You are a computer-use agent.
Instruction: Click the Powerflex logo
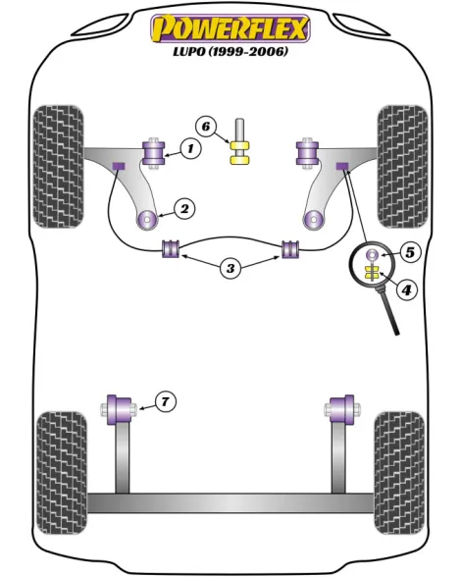[x=230, y=28]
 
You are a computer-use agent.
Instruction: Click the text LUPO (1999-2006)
[x=230, y=51]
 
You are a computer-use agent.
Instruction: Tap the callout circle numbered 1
[x=190, y=149]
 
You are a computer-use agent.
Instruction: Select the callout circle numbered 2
[x=184, y=209]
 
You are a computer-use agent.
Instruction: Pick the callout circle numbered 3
[x=230, y=268]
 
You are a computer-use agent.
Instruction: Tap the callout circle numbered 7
[x=165, y=401]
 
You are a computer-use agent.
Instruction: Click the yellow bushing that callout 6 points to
[x=240, y=152]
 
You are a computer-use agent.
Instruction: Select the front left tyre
[x=58, y=167]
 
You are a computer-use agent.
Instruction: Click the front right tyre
[x=403, y=167]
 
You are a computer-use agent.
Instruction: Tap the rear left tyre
[x=62, y=473]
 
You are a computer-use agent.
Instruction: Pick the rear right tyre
[x=399, y=473]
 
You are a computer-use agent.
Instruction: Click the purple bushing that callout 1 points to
[x=154, y=153]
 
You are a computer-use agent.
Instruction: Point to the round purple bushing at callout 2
[x=147, y=220]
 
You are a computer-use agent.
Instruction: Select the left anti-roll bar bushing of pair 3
[x=171, y=249]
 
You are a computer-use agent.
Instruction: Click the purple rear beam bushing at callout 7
[x=120, y=409]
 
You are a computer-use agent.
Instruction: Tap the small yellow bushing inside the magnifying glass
[x=372, y=273]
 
